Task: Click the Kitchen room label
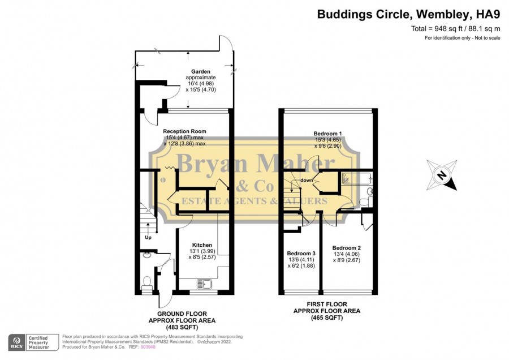point(202,245)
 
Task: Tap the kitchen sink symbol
point(204,284)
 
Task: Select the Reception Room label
point(184,131)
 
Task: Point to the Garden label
point(201,71)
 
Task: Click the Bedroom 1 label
point(327,134)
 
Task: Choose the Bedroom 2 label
point(346,248)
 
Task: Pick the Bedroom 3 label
point(301,254)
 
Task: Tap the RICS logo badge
point(16,342)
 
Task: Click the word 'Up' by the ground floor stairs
point(148,238)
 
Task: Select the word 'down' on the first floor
point(307,181)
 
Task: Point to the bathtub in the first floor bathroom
point(357,179)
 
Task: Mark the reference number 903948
point(148,347)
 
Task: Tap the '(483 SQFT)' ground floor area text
point(182,327)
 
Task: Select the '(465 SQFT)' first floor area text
point(327,318)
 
